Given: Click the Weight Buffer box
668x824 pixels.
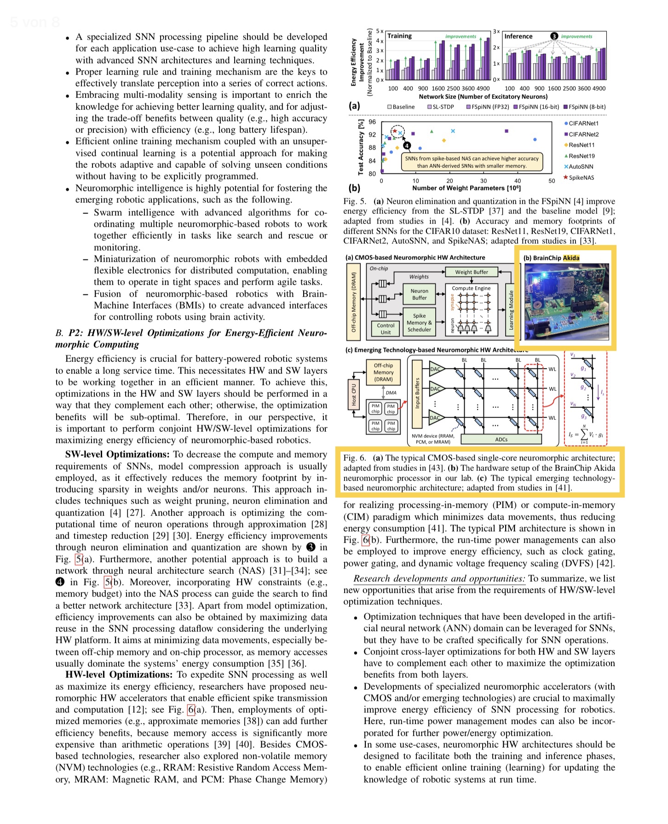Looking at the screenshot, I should click(x=471, y=272).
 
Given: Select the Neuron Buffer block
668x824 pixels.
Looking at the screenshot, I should click(x=419, y=294).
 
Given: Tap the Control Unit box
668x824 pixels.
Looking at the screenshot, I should click(x=386, y=329).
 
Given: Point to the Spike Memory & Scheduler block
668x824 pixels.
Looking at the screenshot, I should click(x=419, y=323).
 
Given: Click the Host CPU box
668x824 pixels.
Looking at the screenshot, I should click(x=354, y=395).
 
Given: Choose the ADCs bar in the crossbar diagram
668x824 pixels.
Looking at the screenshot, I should click(x=501, y=440).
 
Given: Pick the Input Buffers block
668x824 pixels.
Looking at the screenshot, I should click(x=417, y=393).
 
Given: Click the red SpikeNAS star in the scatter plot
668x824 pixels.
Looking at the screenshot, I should click(x=395, y=132).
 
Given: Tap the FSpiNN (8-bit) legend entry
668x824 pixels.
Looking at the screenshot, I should click(x=584, y=107).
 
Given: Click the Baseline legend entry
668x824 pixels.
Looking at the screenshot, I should click(x=401, y=107).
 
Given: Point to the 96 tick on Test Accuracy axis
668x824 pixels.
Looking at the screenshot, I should click(x=372, y=122).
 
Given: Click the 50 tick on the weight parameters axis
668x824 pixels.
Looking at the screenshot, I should click(x=552, y=181).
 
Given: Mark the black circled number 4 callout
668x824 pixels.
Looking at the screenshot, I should click(x=407, y=146).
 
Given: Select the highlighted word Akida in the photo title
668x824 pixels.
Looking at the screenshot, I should click(x=571, y=258).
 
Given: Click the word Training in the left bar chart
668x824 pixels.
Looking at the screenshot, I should click(x=399, y=36).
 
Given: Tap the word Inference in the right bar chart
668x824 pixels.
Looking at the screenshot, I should click(x=518, y=36).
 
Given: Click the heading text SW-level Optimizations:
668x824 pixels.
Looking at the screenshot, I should click(x=117, y=454).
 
